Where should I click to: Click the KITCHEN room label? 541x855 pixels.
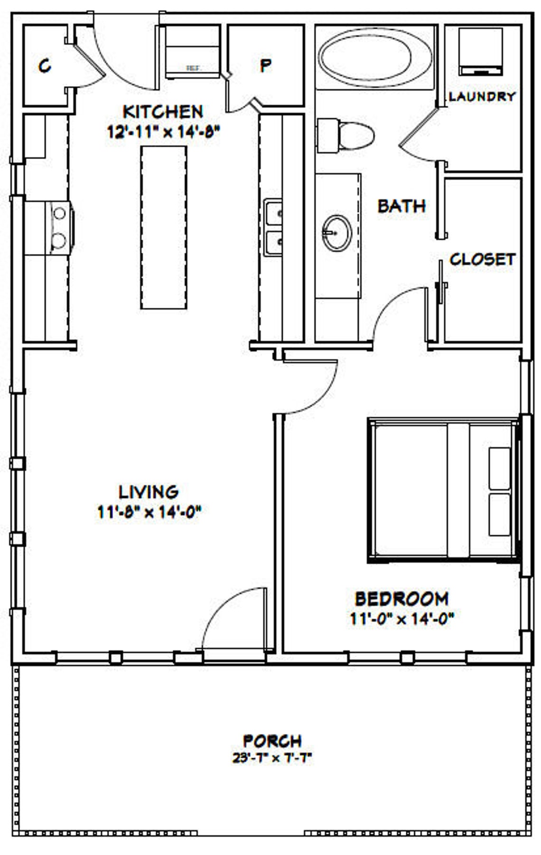(163, 112)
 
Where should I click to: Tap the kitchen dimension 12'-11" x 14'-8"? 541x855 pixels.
(164, 132)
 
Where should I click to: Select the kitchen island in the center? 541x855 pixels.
(163, 227)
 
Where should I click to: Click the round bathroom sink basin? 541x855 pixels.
(336, 233)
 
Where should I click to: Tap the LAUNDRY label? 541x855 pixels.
(482, 96)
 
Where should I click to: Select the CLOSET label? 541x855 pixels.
(482, 259)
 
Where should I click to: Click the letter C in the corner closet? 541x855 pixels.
(45, 66)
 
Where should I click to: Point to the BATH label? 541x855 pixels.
(401, 206)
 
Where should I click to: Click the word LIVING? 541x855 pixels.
(149, 492)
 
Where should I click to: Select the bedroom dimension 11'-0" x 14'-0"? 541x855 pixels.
(402, 619)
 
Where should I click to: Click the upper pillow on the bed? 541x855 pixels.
(499, 467)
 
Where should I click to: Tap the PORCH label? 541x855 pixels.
(272, 741)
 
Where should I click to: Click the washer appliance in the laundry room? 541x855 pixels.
(481, 51)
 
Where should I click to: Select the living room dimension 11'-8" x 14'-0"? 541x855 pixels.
(149, 512)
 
